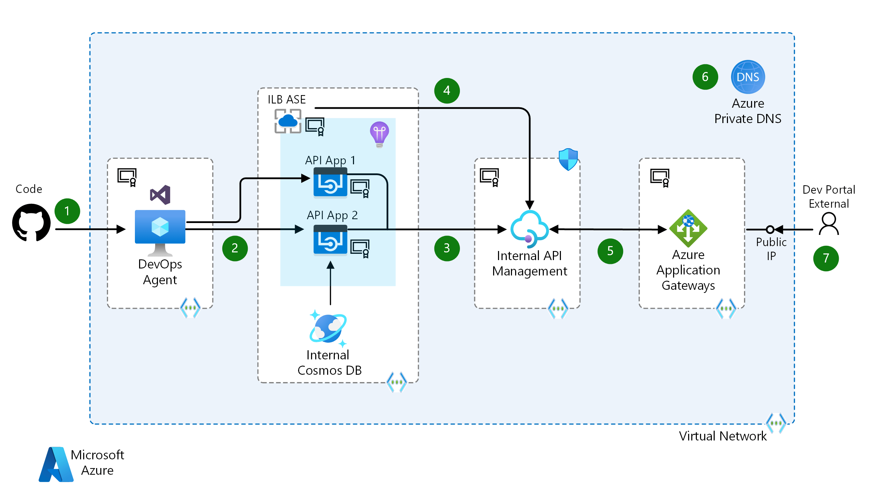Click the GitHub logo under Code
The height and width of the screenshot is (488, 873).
pos(31,223)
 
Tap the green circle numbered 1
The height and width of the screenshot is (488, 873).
pos(67,211)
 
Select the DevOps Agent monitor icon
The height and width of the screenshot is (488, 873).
pos(160,231)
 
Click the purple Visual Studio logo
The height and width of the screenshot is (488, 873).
pos(160,195)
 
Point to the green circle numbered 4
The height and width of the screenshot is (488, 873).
pos(447,91)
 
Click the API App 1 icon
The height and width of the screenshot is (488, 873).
pos(330,183)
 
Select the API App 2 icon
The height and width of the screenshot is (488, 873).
pos(330,240)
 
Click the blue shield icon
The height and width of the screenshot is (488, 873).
pos(568,159)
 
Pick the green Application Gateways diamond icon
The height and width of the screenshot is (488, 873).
pos(688,228)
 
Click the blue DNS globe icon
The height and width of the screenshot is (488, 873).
pos(748,77)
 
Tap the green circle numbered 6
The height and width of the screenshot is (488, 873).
pos(705,77)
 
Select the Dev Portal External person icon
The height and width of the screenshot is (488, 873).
pos(829,224)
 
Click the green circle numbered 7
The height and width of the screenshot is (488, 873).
pos(825,258)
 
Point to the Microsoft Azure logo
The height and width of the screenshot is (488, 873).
pos(56,464)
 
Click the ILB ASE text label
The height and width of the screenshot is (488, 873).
pos(287,100)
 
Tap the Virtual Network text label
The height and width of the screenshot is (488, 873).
pos(722,436)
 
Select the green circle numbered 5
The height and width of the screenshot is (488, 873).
pos(610,251)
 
